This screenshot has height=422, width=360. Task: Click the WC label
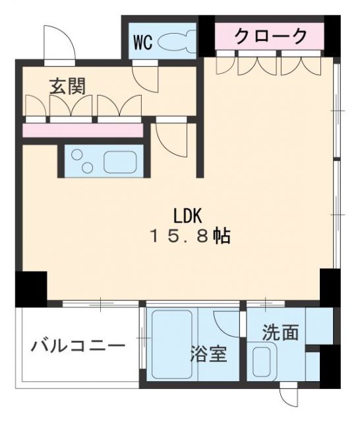pos(144,43)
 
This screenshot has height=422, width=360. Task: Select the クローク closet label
pos(271,36)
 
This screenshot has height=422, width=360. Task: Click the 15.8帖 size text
pos(191,237)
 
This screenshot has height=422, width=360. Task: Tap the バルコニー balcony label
pos(78,345)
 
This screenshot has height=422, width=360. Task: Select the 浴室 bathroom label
pos(208,354)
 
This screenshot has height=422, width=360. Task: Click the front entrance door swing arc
pos(57,43)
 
